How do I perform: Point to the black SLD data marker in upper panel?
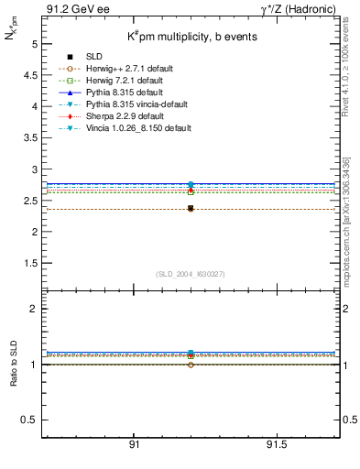191,209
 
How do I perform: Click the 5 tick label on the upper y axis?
34,44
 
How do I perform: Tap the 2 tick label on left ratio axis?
34,309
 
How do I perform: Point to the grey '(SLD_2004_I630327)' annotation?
191,274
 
